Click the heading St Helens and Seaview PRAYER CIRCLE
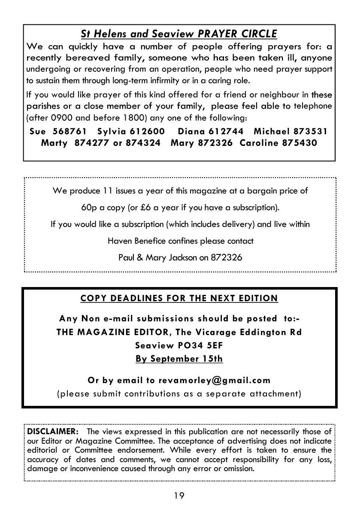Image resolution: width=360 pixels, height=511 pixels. coord(179,33)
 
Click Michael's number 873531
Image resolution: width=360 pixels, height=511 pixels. coord(311,131)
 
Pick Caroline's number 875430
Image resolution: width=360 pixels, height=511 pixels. coord(299,143)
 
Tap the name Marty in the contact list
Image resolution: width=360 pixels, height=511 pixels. coord(54,143)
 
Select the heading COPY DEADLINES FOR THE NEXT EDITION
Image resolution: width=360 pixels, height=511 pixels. coord(179,298)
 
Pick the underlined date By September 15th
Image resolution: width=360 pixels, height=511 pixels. coord(179,359)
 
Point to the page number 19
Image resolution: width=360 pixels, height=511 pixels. coord(179,496)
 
